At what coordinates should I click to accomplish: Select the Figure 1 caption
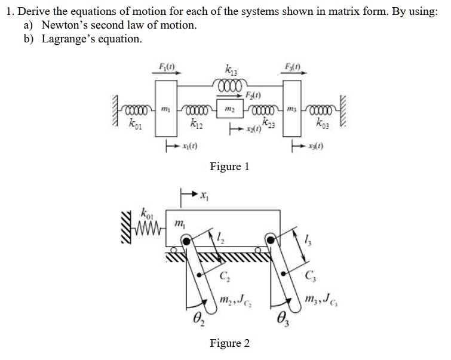click(229, 167)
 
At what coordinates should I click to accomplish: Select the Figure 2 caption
click(229, 343)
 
